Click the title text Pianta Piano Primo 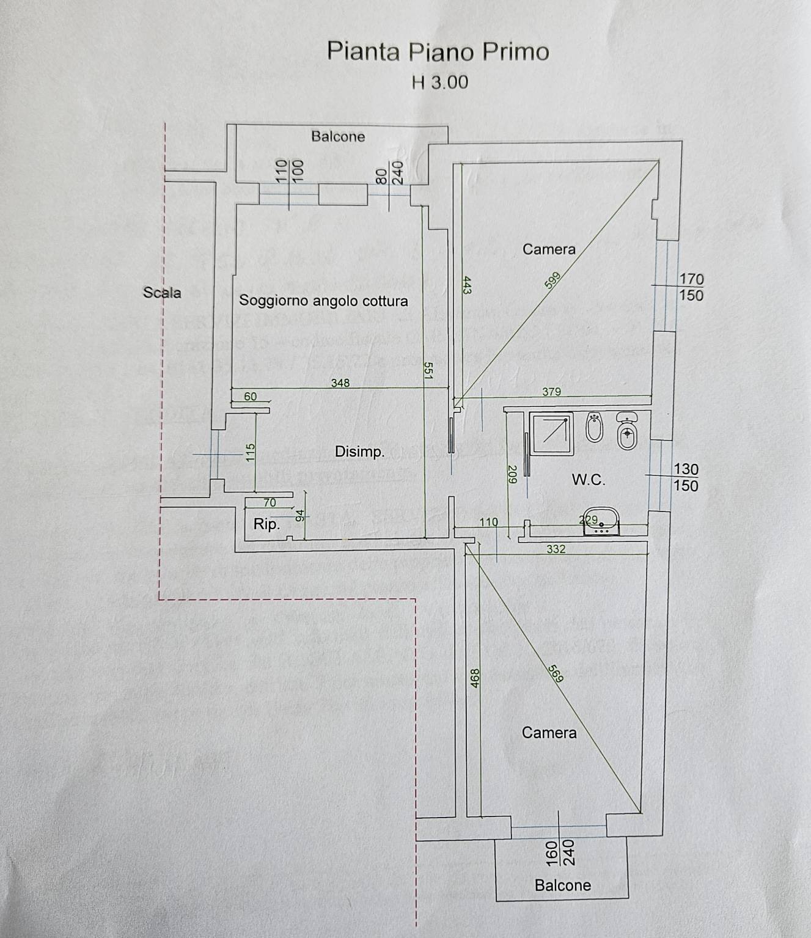tap(438, 51)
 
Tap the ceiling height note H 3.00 tap(440, 82)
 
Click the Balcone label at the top tap(338, 136)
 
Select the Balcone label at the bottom tap(562, 885)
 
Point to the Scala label tap(162, 293)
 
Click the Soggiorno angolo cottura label tap(323, 301)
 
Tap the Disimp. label tap(359, 452)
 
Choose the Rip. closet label tap(266, 524)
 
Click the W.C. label tap(589, 480)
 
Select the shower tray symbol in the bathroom tap(551, 433)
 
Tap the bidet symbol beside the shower tap(594, 428)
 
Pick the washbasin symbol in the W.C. tap(601, 521)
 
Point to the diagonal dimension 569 tap(556, 673)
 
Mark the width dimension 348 tap(340, 383)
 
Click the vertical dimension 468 tap(475, 679)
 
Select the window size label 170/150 tap(691, 287)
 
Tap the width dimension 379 tap(551, 392)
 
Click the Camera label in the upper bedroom tap(549, 249)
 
